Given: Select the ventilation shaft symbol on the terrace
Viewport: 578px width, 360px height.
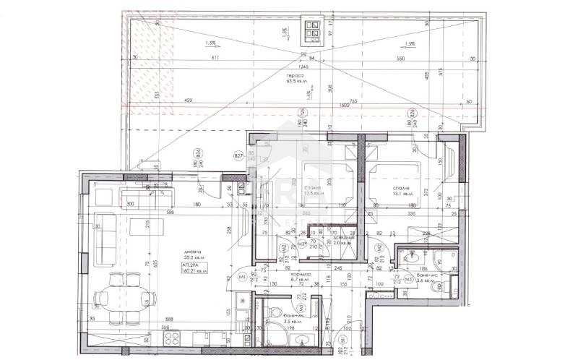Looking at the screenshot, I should point(312,30).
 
